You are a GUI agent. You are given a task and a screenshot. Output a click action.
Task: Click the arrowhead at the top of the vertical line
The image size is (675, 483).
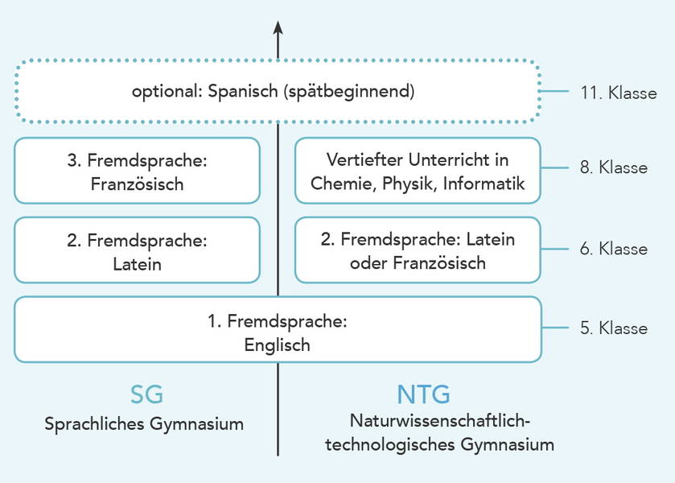tap(278, 27)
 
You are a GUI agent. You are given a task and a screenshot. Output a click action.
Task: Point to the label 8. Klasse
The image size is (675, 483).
tap(613, 167)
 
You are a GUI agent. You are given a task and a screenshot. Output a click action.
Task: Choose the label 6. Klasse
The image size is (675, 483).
tap(613, 249)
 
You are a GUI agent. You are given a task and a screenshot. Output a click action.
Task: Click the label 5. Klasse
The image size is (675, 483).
tap(613, 328)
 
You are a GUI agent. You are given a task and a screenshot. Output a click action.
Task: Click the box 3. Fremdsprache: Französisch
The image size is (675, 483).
tap(137, 171)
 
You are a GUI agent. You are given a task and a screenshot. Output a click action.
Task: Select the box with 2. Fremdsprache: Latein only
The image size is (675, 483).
tap(137, 250)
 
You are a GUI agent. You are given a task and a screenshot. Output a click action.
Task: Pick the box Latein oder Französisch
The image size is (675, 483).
tap(418, 250)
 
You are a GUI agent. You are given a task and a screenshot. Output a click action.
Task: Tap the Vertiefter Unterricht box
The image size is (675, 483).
tap(418, 171)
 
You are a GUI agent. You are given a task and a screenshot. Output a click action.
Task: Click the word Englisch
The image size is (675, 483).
tap(278, 345)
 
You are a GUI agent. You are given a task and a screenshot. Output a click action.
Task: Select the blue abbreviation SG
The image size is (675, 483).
tap(146, 394)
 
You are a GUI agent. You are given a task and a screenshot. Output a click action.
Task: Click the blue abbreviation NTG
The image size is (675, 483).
tap(423, 394)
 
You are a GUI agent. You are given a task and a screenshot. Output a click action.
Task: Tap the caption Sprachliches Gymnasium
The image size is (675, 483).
tap(144, 423)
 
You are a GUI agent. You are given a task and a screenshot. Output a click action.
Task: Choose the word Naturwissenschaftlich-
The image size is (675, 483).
tap(440, 420)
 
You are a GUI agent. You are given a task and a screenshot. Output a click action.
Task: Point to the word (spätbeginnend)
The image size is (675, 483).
tap(348, 91)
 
